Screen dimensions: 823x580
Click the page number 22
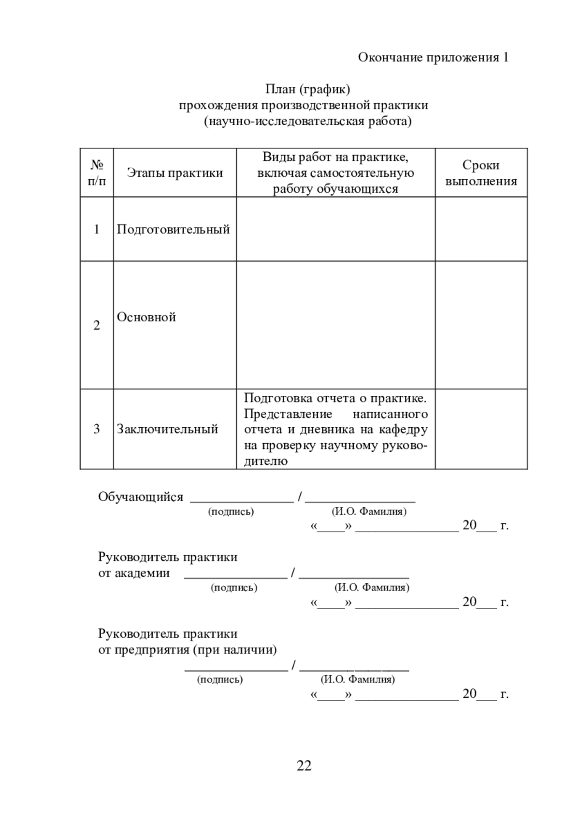point(304,765)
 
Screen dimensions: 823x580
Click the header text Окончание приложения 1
point(433,58)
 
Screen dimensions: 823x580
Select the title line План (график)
point(307,89)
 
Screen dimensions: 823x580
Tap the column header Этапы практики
point(175,173)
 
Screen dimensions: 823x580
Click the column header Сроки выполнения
point(481,173)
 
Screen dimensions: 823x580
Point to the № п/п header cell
point(97,173)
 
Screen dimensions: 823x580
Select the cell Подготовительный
point(174,229)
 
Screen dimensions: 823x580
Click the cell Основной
point(146,317)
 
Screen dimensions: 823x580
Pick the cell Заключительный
point(168,429)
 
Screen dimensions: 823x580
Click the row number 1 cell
point(97,229)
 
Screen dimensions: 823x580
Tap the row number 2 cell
point(97,325)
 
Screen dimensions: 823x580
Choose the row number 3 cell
point(97,429)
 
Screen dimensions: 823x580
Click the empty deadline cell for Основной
point(481,325)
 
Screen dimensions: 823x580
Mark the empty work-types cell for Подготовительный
point(335,229)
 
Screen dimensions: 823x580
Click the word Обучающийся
point(141,497)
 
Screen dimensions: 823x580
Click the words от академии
point(134,573)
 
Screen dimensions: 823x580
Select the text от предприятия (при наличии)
point(188,650)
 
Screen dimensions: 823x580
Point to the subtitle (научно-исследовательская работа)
point(307,121)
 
